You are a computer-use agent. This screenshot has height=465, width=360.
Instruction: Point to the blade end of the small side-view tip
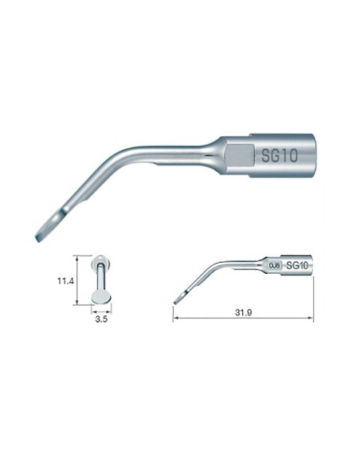pyautogui.click(x=178, y=297)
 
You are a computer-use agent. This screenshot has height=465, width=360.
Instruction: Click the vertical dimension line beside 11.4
pyautogui.click(x=76, y=279)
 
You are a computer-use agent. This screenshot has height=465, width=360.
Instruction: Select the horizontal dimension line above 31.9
pyautogui.click(x=242, y=319)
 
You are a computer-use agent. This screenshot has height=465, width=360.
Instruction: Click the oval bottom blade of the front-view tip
pyautogui.click(x=102, y=296)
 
